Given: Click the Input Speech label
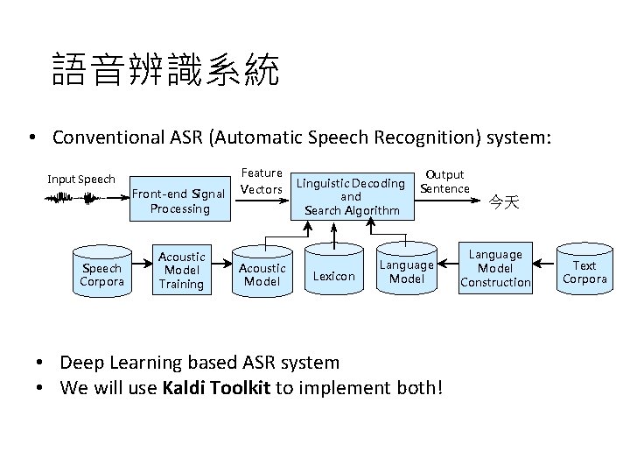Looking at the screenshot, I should pos(81,180).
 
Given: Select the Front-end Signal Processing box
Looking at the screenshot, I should pos(179,201).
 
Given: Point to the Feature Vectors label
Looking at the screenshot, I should pos(262,181).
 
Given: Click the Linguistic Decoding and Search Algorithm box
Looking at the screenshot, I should pos(352,196).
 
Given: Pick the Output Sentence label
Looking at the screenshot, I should pos(444,181).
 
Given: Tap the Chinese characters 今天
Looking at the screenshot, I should pos(504,202).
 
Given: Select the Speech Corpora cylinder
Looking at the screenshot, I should pos(102,273).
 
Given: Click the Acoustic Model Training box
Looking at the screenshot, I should pos(181,270).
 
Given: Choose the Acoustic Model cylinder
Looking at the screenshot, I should pos(262,274).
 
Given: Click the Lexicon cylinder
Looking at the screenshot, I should pos(334,276).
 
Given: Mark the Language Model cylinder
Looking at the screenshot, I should pos(406,271).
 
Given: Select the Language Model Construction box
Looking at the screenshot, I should pos(495,268).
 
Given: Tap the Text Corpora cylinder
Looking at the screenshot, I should pos(584,272).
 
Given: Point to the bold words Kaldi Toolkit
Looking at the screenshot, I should pos(216,387).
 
